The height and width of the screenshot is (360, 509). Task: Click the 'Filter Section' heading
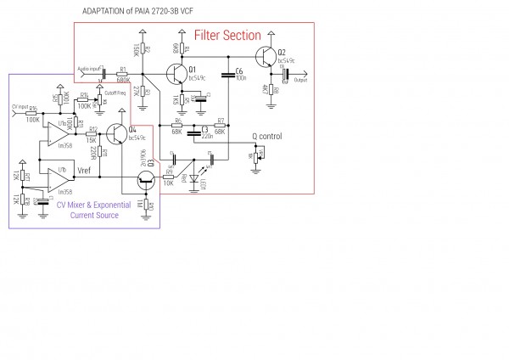[x=228, y=36]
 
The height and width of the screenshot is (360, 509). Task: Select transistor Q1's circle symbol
[x=176, y=75]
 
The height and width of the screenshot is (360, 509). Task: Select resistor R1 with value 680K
[x=123, y=75]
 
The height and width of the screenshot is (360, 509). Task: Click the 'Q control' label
[x=267, y=137]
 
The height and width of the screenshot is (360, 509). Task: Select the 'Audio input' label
[x=90, y=68]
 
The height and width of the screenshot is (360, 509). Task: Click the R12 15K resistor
[x=92, y=133]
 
